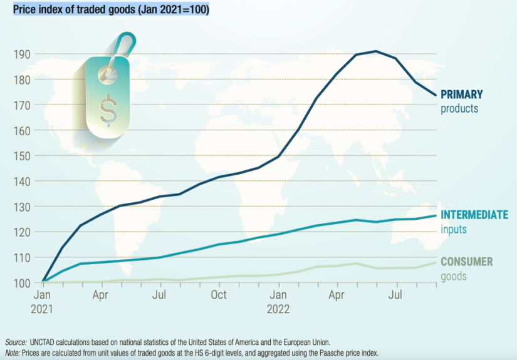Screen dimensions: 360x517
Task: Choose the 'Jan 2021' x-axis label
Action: coord(43,300)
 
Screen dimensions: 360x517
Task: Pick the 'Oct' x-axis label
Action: coord(219,294)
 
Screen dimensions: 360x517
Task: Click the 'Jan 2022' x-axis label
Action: coord(278,300)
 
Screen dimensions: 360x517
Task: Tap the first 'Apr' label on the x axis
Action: coord(102,294)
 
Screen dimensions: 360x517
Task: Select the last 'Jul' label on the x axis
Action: coord(395,294)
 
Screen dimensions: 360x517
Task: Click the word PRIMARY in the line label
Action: coord(462,95)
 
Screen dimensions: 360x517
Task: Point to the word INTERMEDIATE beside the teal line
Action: coord(474,215)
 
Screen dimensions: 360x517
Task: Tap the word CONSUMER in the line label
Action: coord(467,262)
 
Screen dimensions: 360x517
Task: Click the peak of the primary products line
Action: coord(375,51)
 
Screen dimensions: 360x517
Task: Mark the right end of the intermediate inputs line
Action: coord(436,216)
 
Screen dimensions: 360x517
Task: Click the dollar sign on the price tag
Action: coord(107,107)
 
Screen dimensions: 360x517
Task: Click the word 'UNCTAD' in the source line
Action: coord(42,342)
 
